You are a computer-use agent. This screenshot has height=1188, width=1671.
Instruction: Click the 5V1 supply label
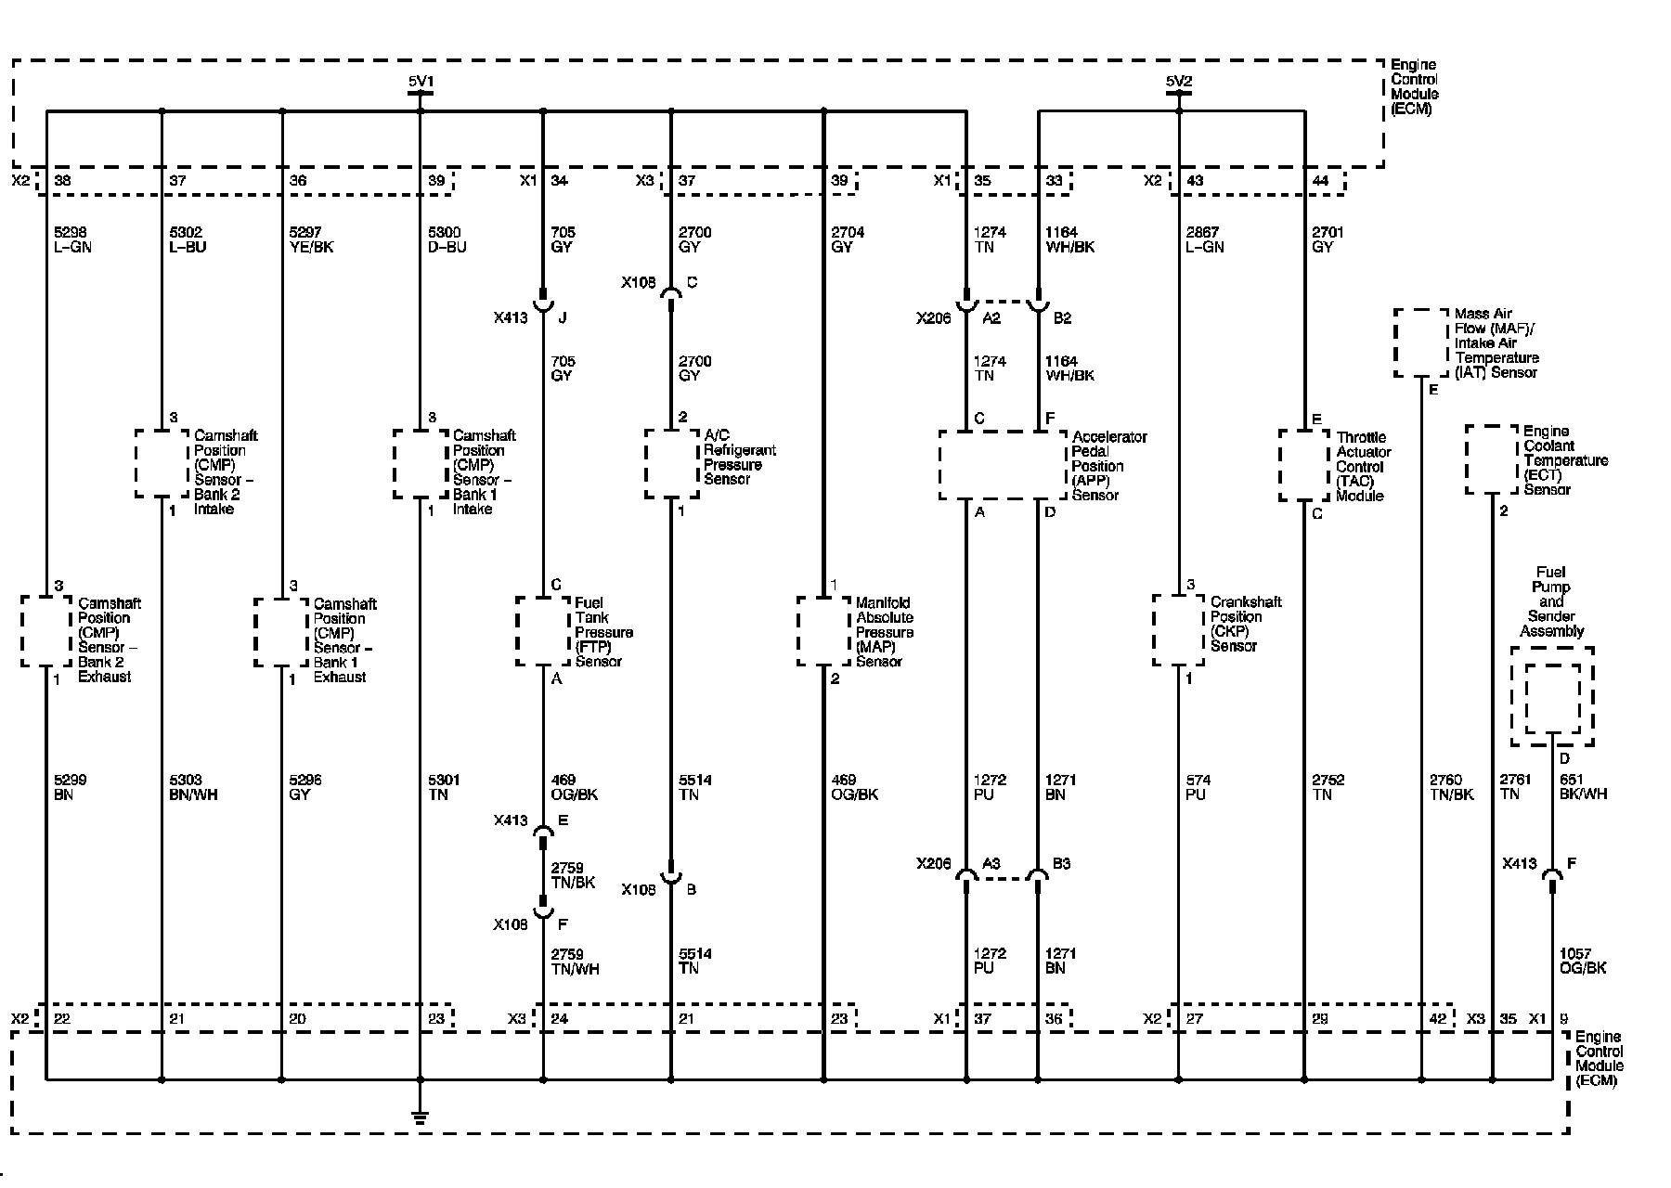click(x=421, y=83)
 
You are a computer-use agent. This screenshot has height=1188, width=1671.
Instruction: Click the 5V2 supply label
click(x=1179, y=83)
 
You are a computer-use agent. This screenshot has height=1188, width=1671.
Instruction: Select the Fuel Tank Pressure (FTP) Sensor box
click(x=543, y=631)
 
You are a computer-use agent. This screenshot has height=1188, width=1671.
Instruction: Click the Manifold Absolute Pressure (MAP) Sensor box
click(x=824, y=631)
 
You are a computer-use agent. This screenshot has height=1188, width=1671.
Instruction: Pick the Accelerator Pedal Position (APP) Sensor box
click(x=1002, y=465)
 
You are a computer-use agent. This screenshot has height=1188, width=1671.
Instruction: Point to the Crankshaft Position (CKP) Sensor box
click(x=1179, y=630)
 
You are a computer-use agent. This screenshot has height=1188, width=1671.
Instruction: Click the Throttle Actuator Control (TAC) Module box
click(x=1304, y=465)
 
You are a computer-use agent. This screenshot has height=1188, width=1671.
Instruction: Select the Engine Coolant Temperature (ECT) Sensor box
click(x=1492, y=460)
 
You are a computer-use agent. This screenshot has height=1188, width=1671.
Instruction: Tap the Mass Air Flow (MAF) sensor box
click(x=1420, y=343)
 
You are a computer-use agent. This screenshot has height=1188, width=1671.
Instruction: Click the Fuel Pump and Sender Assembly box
click(x=1551, y=696)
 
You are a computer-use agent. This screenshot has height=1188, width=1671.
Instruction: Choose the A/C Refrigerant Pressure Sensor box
click(x=672, y=462)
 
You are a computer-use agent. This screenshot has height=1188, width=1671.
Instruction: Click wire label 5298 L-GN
click(x=73, y=239)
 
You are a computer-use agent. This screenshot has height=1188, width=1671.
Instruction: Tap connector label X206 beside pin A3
click(x=933, y=864)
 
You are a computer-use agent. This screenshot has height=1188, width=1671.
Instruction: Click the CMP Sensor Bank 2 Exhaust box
click(x=45, y=631)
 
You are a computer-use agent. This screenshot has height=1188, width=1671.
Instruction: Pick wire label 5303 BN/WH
click(x=193, y=787)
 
